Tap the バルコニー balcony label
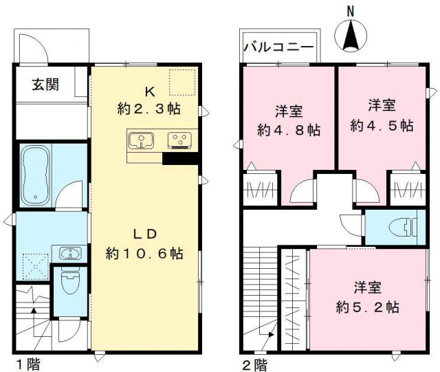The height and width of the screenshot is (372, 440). coord(279,47)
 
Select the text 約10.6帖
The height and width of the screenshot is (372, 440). coord(144,253)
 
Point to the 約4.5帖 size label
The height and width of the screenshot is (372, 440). coord(382,126)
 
